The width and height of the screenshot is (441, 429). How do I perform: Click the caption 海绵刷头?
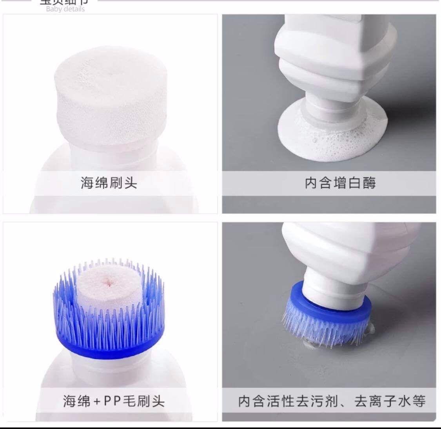(x=109, y=183)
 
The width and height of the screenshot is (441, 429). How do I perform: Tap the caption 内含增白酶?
(x=340, y=183)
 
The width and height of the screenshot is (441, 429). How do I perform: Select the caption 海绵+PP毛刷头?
(x=114, y=401)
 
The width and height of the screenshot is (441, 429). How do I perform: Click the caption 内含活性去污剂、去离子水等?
(x=332, y=401)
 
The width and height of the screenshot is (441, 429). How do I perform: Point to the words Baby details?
(x=65, y=9)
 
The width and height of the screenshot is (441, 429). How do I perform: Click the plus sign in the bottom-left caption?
(x=96, y=401)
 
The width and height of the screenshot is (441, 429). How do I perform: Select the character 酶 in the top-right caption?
(x=369, y=183)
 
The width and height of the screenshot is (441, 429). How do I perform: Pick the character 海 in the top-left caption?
(x=87, y=183)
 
